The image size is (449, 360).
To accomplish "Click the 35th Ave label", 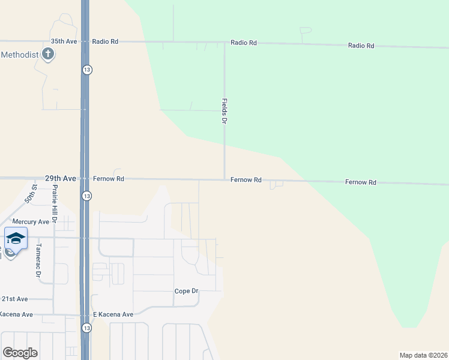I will coord(64,41).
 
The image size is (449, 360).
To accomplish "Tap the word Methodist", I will coord(19,55).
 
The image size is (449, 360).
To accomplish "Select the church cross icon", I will coord(48,55).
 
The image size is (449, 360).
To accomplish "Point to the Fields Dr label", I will coord(224,111).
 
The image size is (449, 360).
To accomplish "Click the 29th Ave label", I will coord(61,179).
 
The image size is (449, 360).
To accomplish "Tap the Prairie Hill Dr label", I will coord(54,203).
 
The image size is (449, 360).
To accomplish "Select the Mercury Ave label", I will coord(31,221).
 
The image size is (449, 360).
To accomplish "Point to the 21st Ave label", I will coord(14,299).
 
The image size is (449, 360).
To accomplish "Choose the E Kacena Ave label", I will coord(112,314).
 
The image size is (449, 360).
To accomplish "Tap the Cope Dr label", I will coord(186,291).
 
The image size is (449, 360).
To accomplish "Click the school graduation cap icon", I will coord(15,238).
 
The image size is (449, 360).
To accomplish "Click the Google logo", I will coord(20,353).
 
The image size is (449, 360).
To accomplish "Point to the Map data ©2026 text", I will coord(423,355).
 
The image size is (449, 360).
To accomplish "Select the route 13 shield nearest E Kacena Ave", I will coord(87,328).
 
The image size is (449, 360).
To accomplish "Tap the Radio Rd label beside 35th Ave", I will coord(106,41).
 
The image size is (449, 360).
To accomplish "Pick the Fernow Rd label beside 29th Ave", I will coord(109,179).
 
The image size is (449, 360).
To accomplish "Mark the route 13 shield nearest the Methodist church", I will coord(87,70).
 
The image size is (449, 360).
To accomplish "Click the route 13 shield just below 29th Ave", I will coord(87,196).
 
